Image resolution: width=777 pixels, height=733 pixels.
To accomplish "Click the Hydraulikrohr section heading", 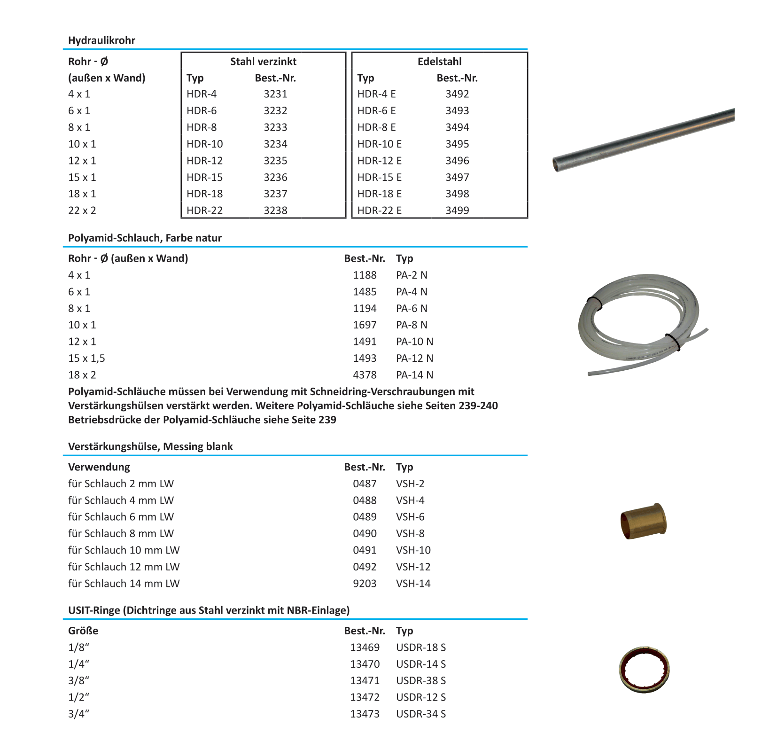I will pyautogui.click(x=101, y=40).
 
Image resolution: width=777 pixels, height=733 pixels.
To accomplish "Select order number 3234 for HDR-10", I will pyautogui.click(x=275, y=144).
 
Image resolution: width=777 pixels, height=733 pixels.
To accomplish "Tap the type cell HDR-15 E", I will pyautogui.click(x=379, y=177).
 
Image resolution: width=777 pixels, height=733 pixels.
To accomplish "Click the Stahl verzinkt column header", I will pyautogui.click(x=263, y=62).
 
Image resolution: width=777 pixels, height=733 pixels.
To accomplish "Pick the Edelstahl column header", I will pyautogui.click(x=439, y=62).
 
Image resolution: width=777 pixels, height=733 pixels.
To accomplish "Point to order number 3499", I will pyautogui.click(x=457, y=211).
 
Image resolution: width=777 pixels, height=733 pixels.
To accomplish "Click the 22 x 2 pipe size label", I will pyautogui.click(x=82, y=211).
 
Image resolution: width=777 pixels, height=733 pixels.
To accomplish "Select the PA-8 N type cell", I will pyautogui.click(x=412, y=325).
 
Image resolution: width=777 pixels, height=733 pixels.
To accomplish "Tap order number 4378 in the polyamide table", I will pyautogui.click(x=365, y=375).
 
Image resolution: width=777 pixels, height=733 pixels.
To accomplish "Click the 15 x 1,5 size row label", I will pyautogui.click(x=86, y=359).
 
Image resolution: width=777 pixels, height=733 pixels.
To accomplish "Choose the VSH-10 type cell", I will pyautogui.click(x=413, y=550).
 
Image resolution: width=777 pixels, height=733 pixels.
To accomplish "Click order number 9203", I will pyautogui.click(x=365, y=584).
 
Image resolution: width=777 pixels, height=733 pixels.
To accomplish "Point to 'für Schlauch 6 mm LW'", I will pyautogui.click(x=121, y=517).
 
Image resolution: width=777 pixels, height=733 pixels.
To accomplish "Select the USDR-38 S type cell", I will pyautogui.click(x=420, y=681).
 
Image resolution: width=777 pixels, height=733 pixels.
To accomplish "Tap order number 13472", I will pyautogui.click(x=365, y=697).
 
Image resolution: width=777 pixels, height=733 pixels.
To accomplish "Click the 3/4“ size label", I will pyautogui.click(x=78, y=714).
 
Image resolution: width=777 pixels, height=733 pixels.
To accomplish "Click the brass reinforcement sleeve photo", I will pyautogui.click(x=643, y=521).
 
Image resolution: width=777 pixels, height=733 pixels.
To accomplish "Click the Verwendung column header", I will pyautogui.click(x=99, y=467).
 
